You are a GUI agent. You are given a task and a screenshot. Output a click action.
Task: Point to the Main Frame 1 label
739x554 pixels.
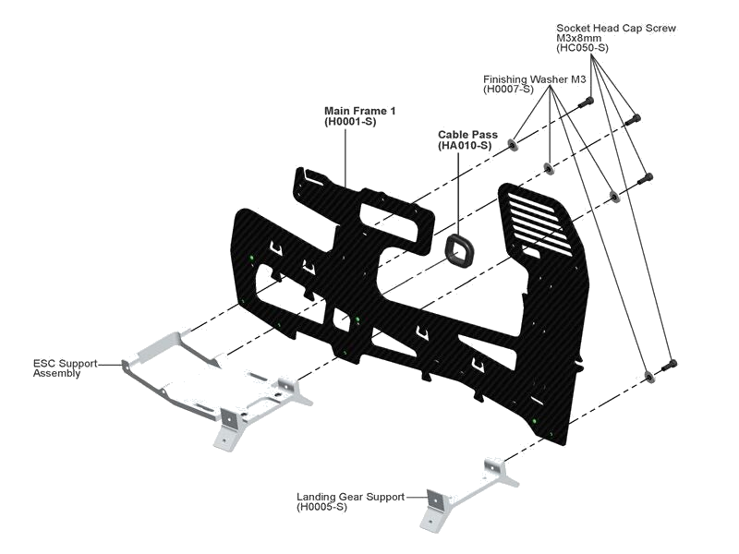pos(359,112)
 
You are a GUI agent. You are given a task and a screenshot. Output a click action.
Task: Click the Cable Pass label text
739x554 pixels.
pos(467,135)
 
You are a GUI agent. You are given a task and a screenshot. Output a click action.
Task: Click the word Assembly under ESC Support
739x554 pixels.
pos(57,374)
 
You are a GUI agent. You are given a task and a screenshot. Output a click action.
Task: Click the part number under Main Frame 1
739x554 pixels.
pos(349,122)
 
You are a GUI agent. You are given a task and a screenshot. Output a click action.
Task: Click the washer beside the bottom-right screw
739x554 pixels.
pos(648,375)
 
